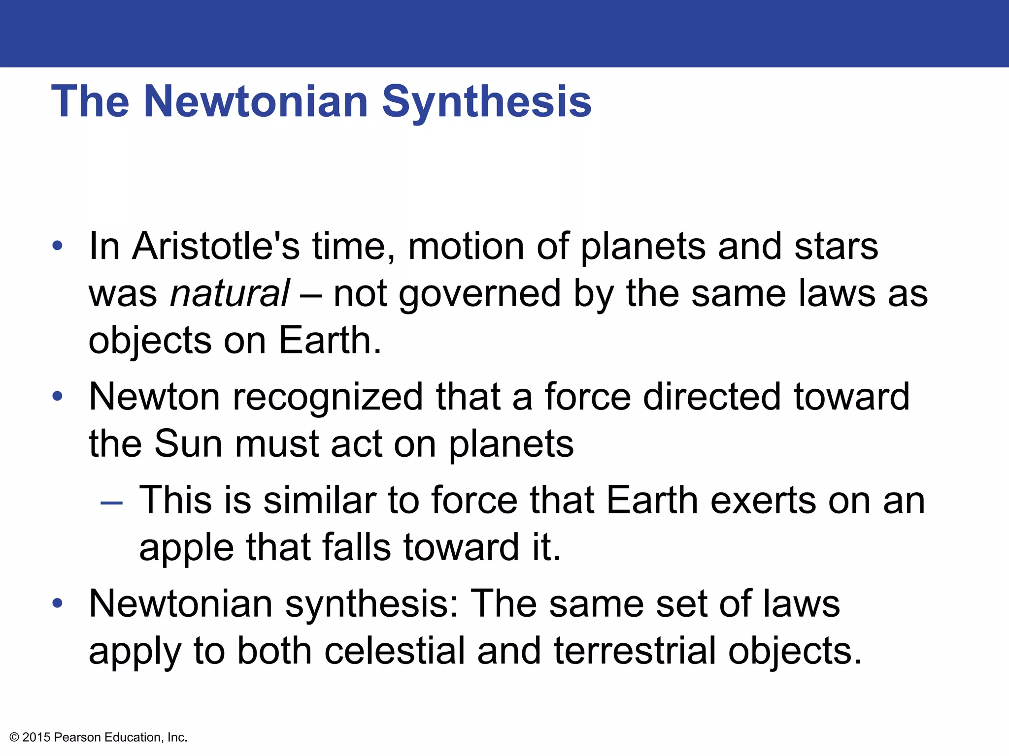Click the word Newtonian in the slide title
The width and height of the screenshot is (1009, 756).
256,101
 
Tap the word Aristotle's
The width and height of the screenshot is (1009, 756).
216,246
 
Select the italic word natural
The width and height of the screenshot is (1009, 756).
230,293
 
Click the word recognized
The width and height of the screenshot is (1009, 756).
328,397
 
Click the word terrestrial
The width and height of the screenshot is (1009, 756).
635,651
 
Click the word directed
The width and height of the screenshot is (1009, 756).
712,397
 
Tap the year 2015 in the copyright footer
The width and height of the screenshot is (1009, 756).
36,737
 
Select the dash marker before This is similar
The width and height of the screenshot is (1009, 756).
111,503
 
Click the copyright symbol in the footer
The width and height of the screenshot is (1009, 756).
14,737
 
